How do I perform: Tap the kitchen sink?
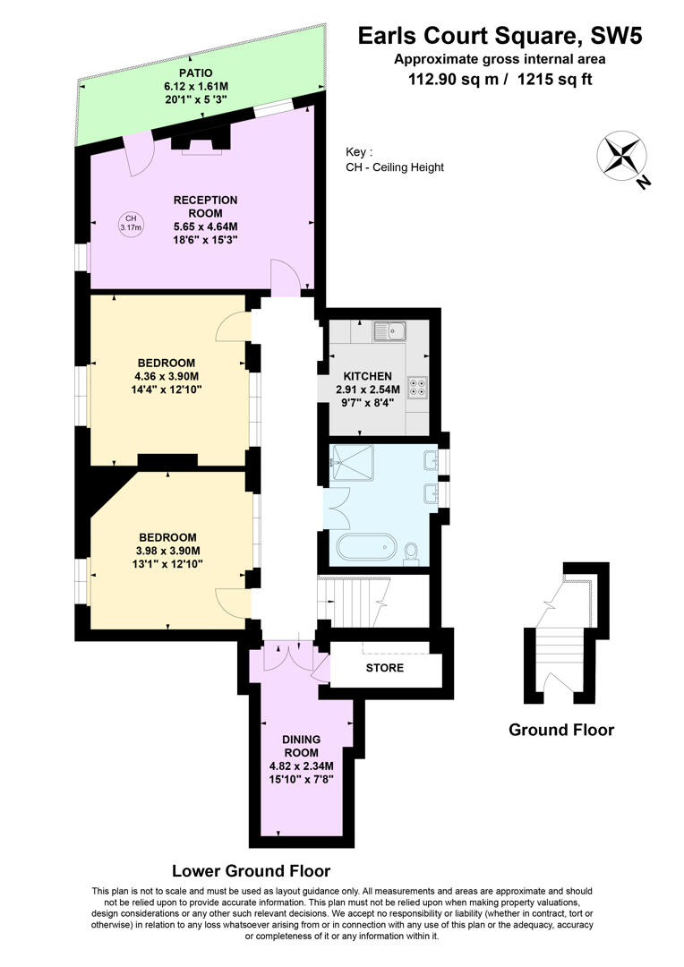[390, 332]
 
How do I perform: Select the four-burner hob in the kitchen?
[418, 388]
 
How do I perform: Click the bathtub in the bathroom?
[365, 546]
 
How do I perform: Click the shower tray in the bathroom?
[355, 463]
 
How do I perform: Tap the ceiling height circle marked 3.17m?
[131, 223]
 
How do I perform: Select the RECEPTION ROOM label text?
[205, 207]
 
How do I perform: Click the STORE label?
[384, 668]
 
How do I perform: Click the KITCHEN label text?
[362, 376]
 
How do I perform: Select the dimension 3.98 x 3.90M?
[168, 551]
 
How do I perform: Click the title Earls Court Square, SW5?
[500, 36]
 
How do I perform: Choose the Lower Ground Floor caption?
[251, 870]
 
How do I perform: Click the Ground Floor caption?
[561, 730]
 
